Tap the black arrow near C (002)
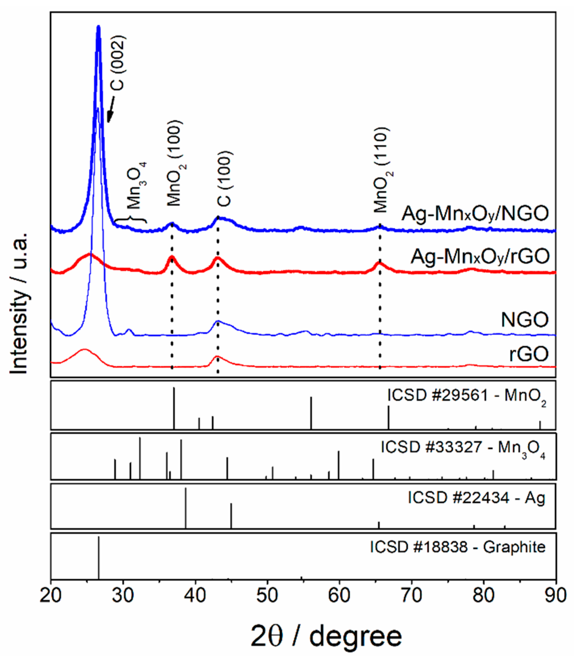click(111, 109)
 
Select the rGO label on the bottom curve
click(529, 354)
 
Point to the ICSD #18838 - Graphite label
click(458, 547)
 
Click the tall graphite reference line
click(99, 557)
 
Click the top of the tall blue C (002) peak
click(98, 27)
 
